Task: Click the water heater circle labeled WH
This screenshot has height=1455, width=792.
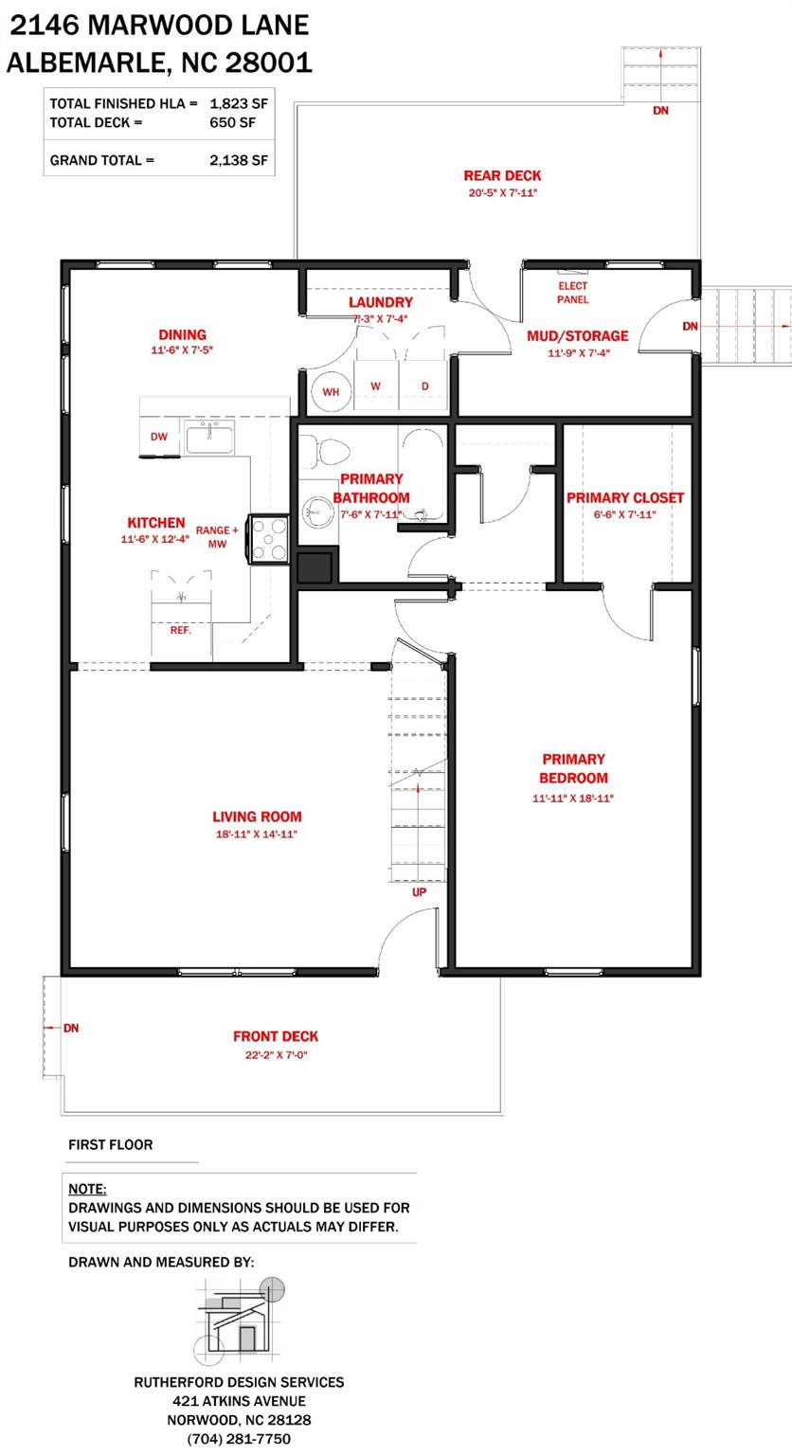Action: [x=331, y=390]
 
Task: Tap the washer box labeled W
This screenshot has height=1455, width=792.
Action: [x=376, y=386]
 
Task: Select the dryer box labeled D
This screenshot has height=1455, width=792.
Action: [x=424, y=386]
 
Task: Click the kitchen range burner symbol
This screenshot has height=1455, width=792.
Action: [x=270, y=540]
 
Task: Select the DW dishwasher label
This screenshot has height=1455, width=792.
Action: [x=159, y=437]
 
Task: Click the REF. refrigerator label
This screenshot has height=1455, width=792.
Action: [x=180, y=630]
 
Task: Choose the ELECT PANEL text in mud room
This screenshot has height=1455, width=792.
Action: [x=572, y=293]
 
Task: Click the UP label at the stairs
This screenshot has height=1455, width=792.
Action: [x=419, y=892]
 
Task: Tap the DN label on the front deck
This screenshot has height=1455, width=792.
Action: [x=70, y=1028]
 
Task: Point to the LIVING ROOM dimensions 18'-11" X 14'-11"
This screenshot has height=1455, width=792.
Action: [x=257, y=835]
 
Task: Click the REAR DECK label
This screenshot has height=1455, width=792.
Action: [x=502, y=175]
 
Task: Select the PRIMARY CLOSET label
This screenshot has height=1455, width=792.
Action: [x=624, y=497]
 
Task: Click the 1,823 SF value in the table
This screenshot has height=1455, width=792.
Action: [x=240, y=102]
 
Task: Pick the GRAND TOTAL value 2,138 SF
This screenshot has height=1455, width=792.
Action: [x=240, y=160]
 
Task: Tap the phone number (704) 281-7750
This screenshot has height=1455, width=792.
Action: [x=239, y=1439]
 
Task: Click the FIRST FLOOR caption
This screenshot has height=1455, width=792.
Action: [x=110, y=1144]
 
